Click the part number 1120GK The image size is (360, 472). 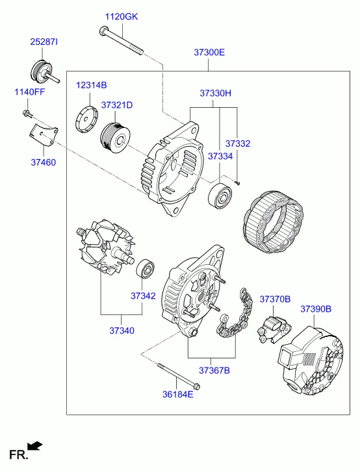click(121, 17)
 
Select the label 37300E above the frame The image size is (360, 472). click(209, 53)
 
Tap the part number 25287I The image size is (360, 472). click(44, 42)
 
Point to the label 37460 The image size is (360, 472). click(44, 162)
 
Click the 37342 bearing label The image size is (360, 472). click(143, 296)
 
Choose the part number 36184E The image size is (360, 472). click(178, 394)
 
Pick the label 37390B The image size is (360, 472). click(316, 309)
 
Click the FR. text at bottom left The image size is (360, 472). click(19, 454)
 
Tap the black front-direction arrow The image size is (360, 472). click(34, 445)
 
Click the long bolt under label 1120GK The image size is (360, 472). click(120, 41)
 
